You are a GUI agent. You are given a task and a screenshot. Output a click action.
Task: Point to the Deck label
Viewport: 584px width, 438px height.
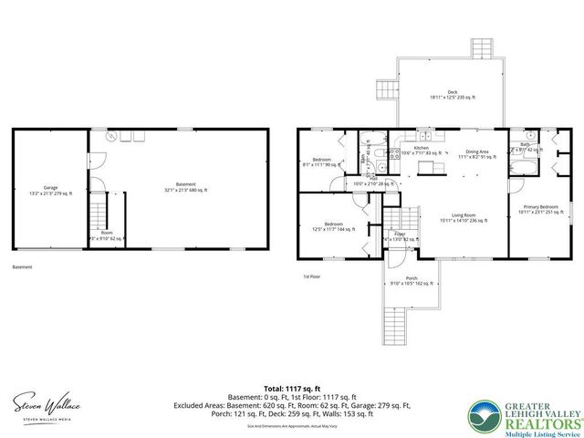coord(451,95)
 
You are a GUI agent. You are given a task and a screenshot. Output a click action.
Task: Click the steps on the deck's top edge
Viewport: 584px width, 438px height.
coord(481,48)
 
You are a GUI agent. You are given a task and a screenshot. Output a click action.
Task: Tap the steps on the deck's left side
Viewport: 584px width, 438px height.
coord(387,89)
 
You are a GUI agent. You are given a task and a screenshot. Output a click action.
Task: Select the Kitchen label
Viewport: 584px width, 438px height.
coord(422,151)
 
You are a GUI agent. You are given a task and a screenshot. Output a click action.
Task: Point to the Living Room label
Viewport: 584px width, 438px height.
coord(463,218)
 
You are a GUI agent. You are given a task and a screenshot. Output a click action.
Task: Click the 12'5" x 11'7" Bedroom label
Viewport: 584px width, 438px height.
coord(334,226)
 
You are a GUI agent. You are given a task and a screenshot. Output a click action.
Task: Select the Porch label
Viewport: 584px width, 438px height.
coord(412,280)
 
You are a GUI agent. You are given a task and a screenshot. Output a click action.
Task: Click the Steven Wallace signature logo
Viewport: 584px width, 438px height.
coord(45,402)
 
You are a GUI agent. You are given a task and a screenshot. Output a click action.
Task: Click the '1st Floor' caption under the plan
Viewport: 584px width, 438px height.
coord(312,276)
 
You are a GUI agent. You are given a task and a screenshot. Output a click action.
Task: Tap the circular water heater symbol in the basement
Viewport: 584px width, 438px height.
coord(111,136)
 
